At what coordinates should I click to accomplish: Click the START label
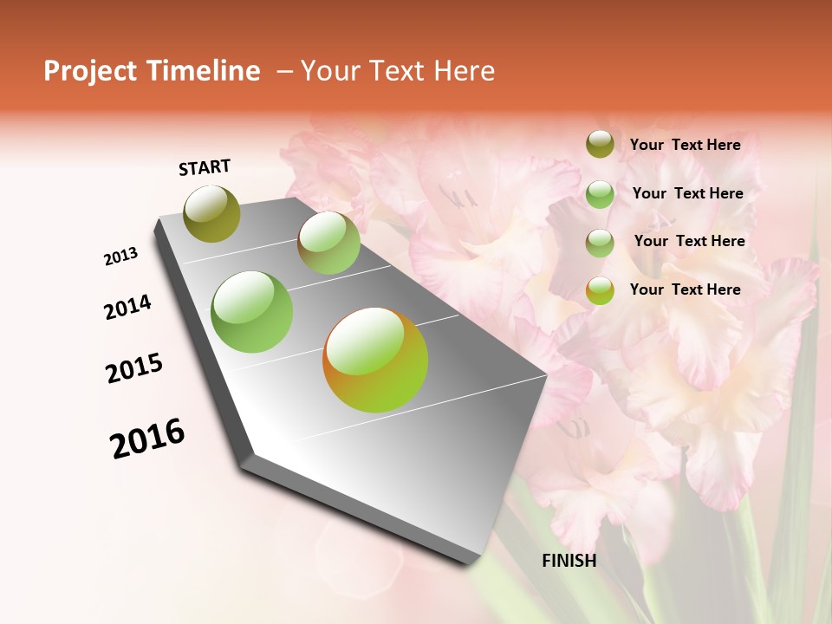(x=205, y=167)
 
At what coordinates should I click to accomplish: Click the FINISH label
(x=569, y=561)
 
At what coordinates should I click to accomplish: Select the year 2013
(x=120, y=257)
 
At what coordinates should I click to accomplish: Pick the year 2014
(x=127, y=308)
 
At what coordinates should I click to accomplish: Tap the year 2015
(x=134, y=369)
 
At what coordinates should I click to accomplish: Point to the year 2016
(x=147, y=439)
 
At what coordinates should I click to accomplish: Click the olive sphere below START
(x=212, y=214)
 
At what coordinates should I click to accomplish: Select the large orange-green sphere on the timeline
(x=375, y=360)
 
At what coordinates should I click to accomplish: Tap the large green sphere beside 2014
(x=252, y=312)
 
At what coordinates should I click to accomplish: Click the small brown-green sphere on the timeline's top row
(x=328, y=243)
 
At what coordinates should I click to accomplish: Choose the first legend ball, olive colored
(x=600, y=145)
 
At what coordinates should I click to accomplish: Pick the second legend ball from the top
(x=600, y=194)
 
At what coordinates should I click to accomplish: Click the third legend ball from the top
(x=600, y=243)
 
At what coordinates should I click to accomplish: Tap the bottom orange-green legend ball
(x=600, y=290)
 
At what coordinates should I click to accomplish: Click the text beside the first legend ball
(x=685, y=145)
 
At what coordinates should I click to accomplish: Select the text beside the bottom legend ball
(x=685, y=289)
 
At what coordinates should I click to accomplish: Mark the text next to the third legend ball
(x=689, y=241)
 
